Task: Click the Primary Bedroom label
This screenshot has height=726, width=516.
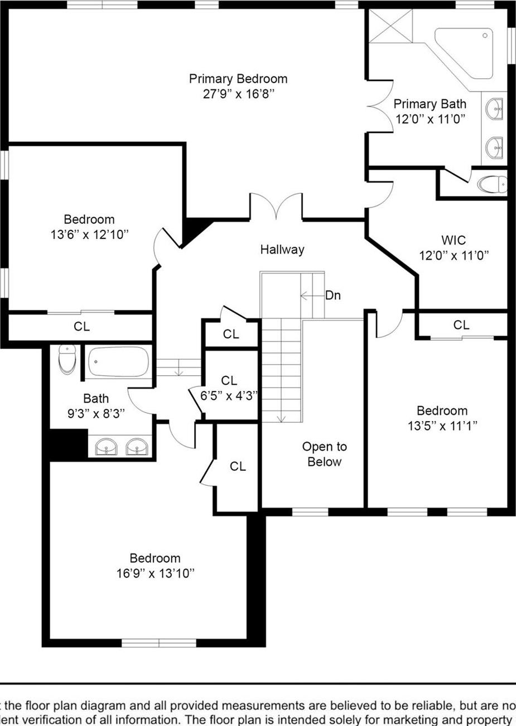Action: (238, 79)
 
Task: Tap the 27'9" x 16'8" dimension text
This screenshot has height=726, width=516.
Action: (238, 94)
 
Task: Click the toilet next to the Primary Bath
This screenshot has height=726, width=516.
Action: (493, 184)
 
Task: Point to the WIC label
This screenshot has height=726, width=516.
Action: (454, 241)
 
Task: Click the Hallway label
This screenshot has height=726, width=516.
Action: (282, 250)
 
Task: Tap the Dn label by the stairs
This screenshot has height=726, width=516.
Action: (333, 295)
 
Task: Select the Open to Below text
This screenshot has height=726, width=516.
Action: (324, 454)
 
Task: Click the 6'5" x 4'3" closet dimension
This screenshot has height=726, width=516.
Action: (229, 395)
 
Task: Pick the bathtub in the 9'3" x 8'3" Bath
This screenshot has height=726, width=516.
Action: (118, 362)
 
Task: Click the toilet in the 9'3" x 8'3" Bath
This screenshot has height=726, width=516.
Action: (67, 360)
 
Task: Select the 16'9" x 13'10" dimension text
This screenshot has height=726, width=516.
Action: (155, 573)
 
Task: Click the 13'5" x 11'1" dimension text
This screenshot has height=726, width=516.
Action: (442, 426)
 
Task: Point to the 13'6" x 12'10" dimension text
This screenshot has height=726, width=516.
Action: (89, 235)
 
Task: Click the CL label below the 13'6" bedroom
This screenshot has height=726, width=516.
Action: (81, 327)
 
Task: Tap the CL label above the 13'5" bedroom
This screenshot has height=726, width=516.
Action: (461, 325)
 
